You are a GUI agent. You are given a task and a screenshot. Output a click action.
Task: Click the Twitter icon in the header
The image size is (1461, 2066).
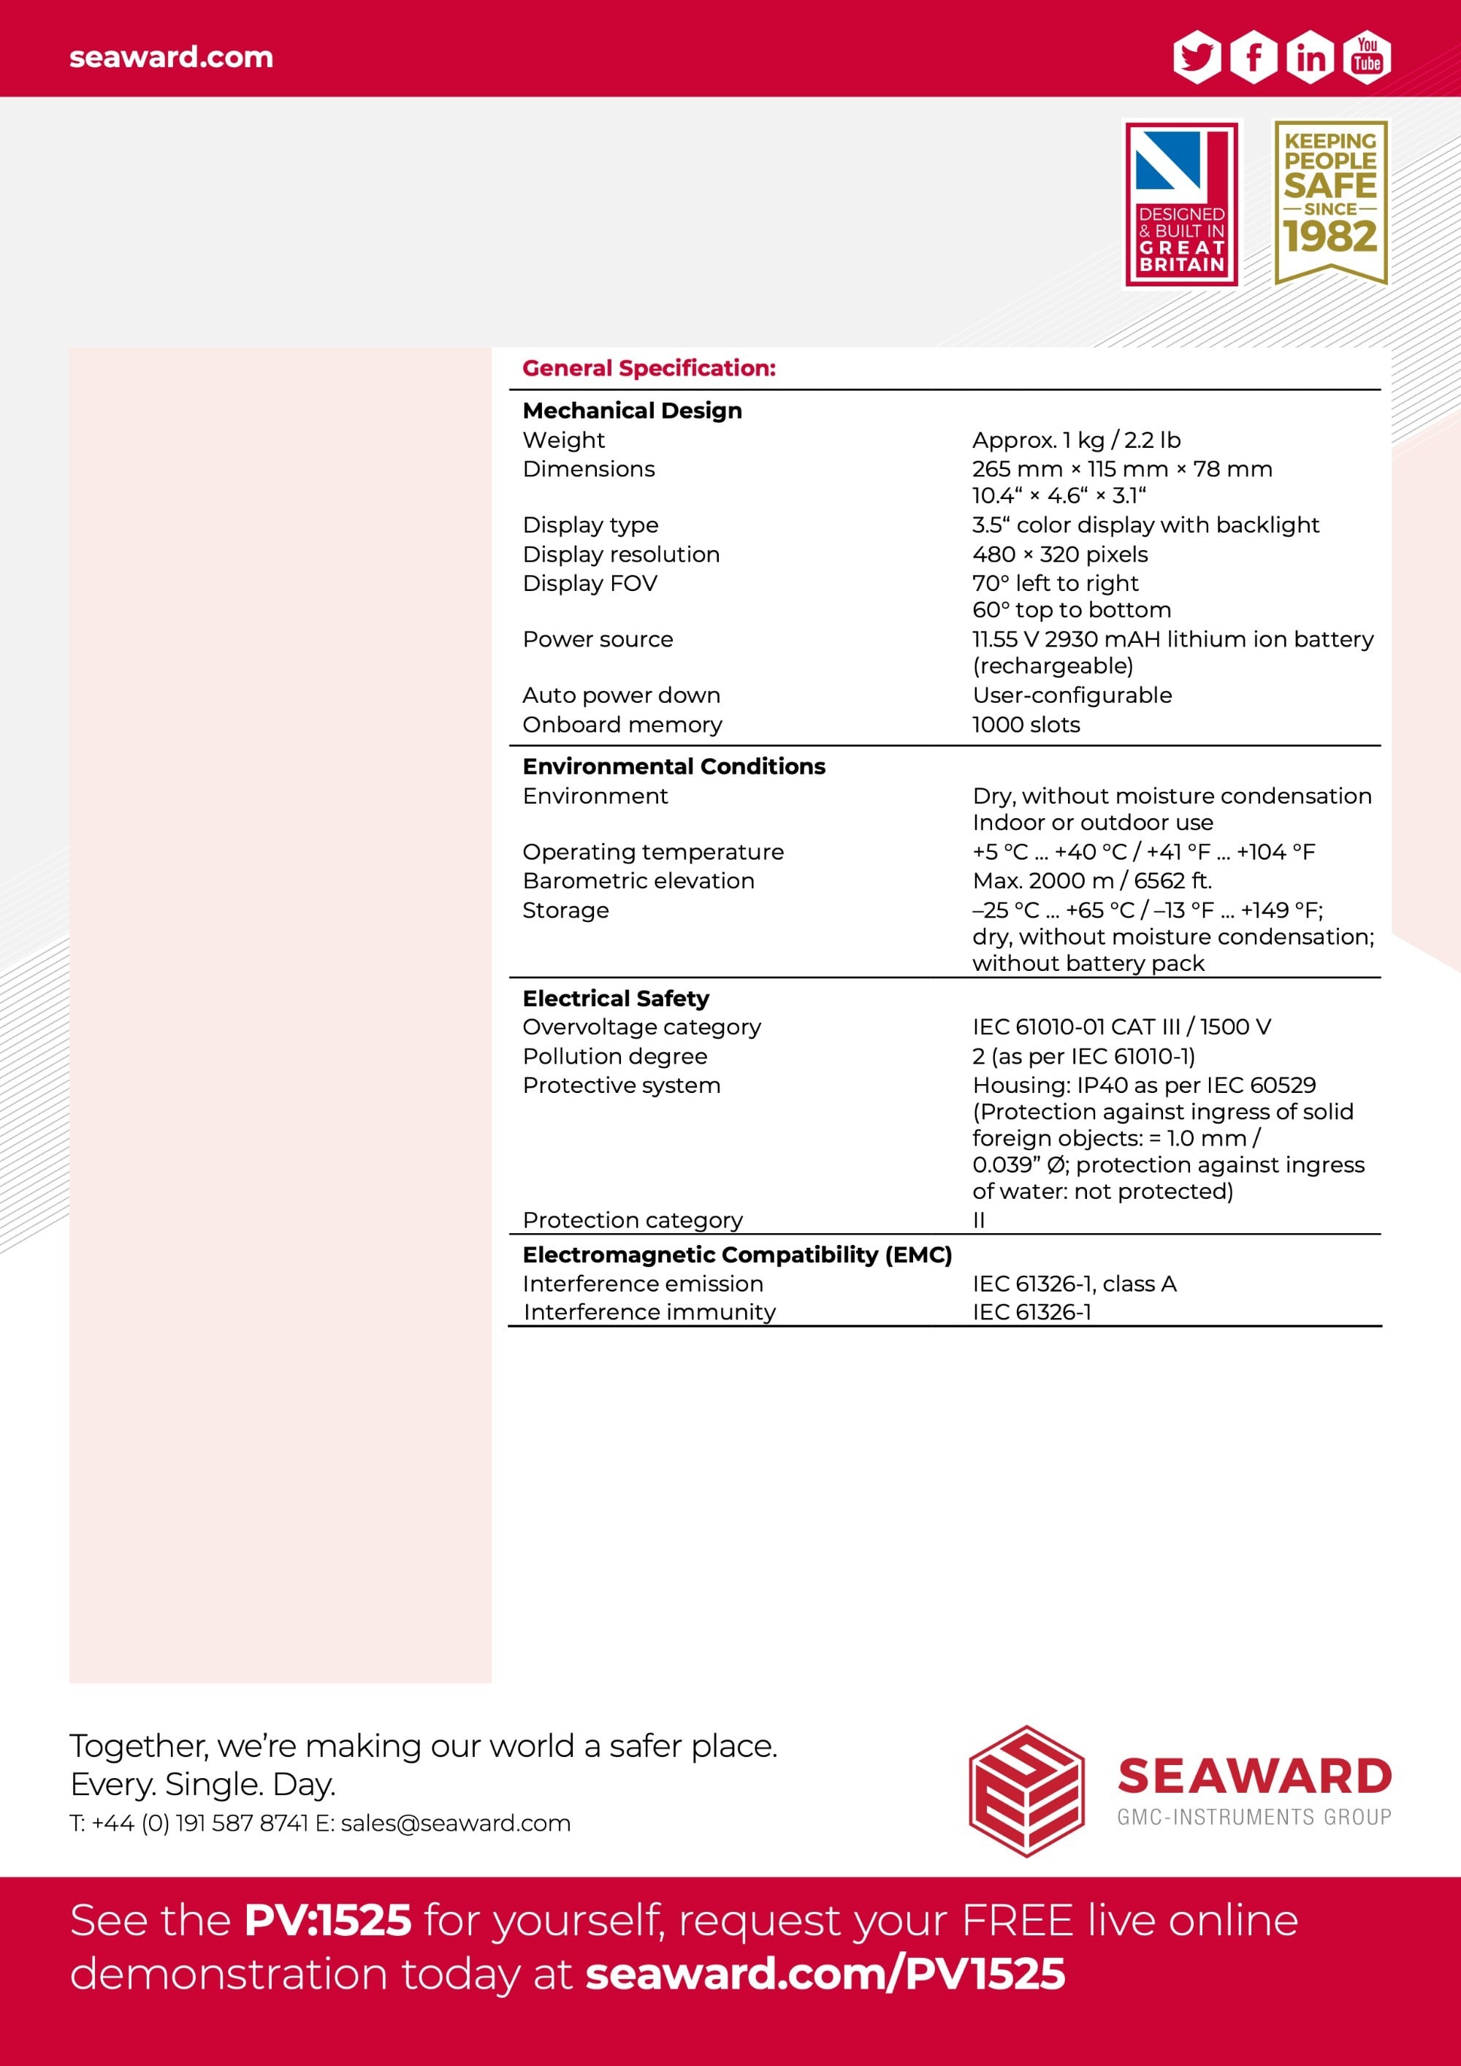pyautogui.click(x=1197, y=57)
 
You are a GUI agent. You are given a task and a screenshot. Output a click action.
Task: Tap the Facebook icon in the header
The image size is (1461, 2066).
pyautogui.click(x=1254, y=57)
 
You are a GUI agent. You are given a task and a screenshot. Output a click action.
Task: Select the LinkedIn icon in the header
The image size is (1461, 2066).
pyautogui.click(x=1311, y=57)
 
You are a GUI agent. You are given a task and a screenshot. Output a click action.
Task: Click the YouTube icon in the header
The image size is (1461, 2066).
pyautogui.click(x=1367, y=57)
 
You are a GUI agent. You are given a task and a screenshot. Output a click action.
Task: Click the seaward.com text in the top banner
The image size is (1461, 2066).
pyautogui.click(x=171, y=57)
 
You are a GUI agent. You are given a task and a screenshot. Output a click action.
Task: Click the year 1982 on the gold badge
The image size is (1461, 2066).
pyautogui.click(x=1330, y=237)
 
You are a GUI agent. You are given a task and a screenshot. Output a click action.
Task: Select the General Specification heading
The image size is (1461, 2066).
pyautogui.click(x=649, y=368)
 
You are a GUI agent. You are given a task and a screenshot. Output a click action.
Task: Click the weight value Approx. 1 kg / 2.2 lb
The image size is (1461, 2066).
pyautogui.click(x=1076, y=440)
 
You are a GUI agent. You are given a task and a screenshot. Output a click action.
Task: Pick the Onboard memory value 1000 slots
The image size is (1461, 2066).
pyautogui.click(x=1026, y=725)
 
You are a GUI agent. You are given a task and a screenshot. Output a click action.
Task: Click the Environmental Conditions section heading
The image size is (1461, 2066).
pyautogui.click(x=674, y=766)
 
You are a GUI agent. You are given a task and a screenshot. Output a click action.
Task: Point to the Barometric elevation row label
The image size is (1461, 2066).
pyautogui.click(x=638, y=880)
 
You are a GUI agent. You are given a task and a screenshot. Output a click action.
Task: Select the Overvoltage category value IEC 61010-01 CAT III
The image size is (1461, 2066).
pyautogui.click(x=1121, y=1026)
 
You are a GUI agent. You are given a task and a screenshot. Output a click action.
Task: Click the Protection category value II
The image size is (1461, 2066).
pyautogui.click(x=979, y=1220)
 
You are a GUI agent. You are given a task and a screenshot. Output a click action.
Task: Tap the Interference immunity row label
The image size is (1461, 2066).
pyautogui.click(x=649, y=1312)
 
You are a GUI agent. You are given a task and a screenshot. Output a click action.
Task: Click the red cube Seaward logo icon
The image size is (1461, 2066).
pyautogui.click(x=1026, y=1791)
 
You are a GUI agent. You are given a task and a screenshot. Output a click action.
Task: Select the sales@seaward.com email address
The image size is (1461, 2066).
pyautogui.click(x=455, y=1823)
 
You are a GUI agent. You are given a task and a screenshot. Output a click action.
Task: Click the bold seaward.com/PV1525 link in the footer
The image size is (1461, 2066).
pyautogui.click(x=825, y=1973)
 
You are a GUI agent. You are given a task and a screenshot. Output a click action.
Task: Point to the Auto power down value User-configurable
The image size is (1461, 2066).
pyautogui.click(x=1072, y=695)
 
